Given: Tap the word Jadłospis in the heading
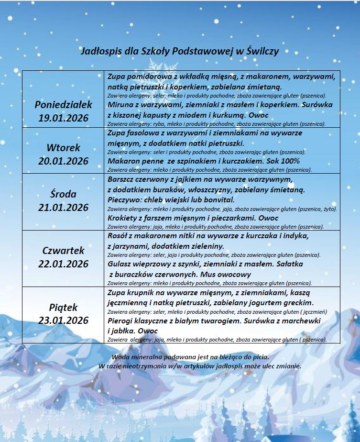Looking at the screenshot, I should coord(98,51).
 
